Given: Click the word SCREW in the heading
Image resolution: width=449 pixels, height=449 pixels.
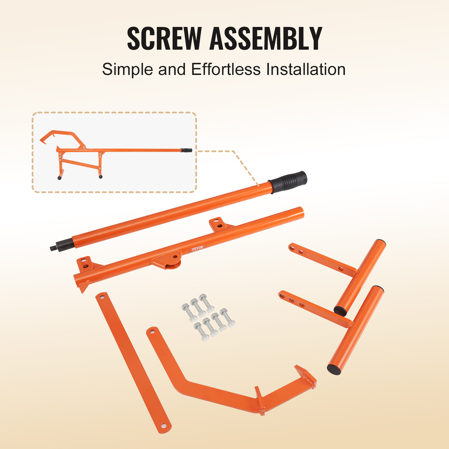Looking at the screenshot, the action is click(164, 39).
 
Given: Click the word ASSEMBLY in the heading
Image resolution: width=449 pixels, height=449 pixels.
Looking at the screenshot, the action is click(266, 39).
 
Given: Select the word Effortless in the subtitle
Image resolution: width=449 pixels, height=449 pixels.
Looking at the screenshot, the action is click(226, 69).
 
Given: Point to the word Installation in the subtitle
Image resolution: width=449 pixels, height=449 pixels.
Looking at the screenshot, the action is click(306, 69).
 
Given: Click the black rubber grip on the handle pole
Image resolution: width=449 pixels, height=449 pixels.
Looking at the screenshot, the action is click(287, 183).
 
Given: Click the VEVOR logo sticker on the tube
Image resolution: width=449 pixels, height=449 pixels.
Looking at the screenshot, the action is click(197, 248).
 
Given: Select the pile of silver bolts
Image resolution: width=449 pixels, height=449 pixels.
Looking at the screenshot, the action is click(208, 315).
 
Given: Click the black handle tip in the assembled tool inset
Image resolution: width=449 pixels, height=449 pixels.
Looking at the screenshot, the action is click(187, 150).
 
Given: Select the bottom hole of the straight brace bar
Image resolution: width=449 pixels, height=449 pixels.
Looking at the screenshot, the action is click(165, 425).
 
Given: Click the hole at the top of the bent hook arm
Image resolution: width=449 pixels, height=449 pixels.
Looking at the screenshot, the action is click(153, 331).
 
